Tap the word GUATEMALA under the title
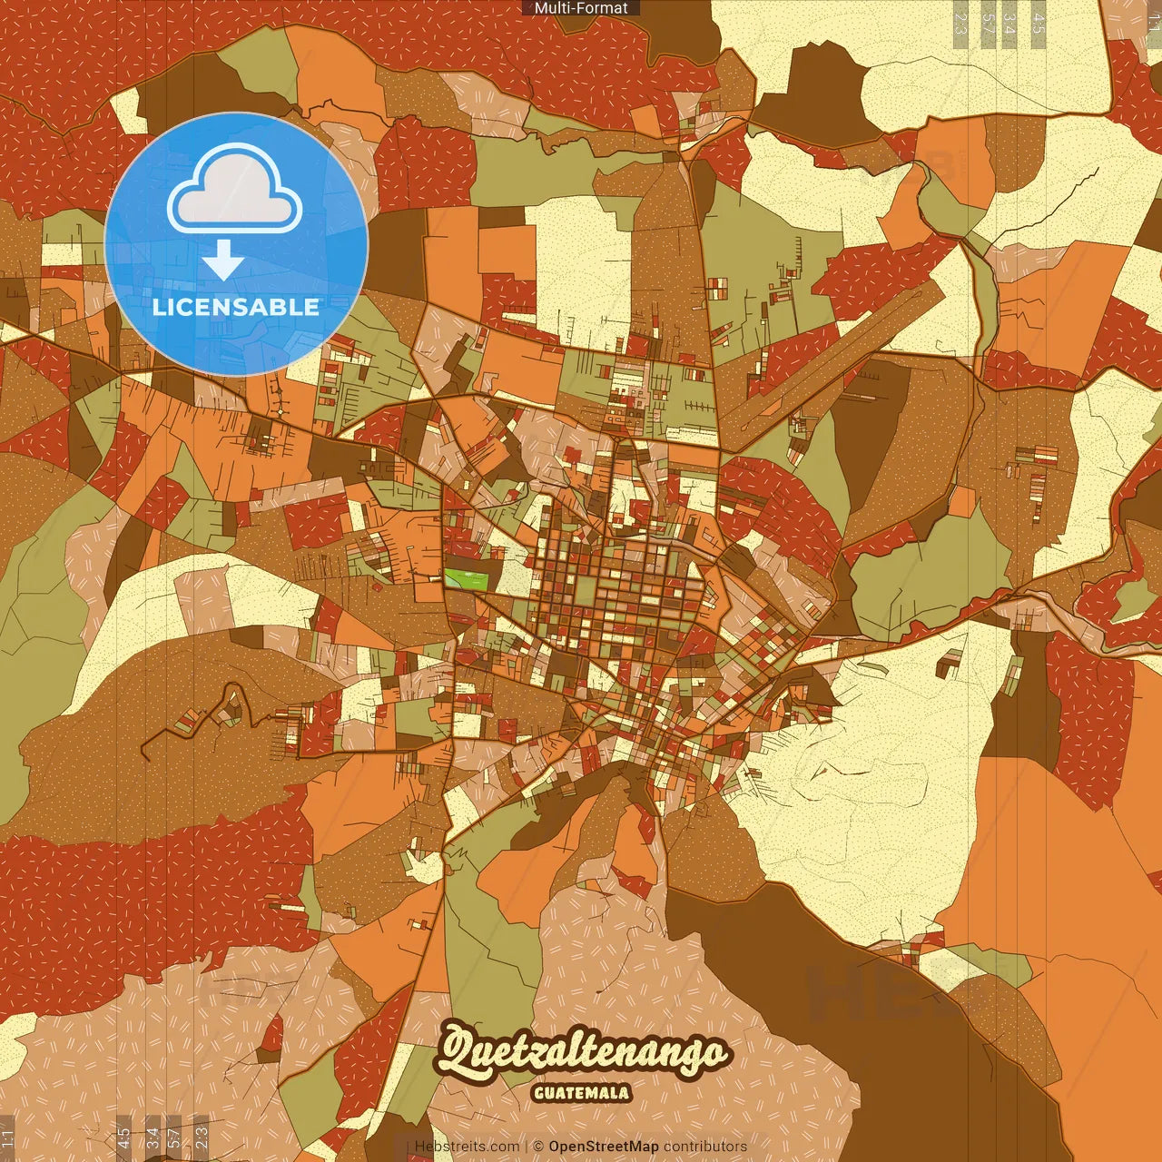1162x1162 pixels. pyautogui.click(x=581, y=1093)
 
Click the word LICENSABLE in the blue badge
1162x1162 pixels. pyautogui.click(x=236, y=307)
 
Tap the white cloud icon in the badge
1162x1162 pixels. pyautogui.click(x=235, y=188)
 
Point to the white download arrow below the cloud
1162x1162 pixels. pyautogui.click(x=223, y=261)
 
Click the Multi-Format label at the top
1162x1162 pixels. pyautogui.click(x=581, y=8)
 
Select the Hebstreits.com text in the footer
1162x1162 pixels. pyautogui.click(x=467, y=1147)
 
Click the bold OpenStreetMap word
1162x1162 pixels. pyautogui.click(x=604, y=1147)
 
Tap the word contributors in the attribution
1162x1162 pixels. pyautogui.click(x=705, y=1147)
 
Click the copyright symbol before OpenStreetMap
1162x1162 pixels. pyautogui.click(x=538, y=1147)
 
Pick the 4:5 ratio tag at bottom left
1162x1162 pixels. pyautogui.click(x=123, y=1137)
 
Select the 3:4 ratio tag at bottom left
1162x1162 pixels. pyautogui.click(x=153, y=1137)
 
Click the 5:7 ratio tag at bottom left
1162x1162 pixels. pyautogui.click(x=174, y=1137)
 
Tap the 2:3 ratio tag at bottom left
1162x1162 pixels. pyautogui.click(x=201, y=1137)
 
